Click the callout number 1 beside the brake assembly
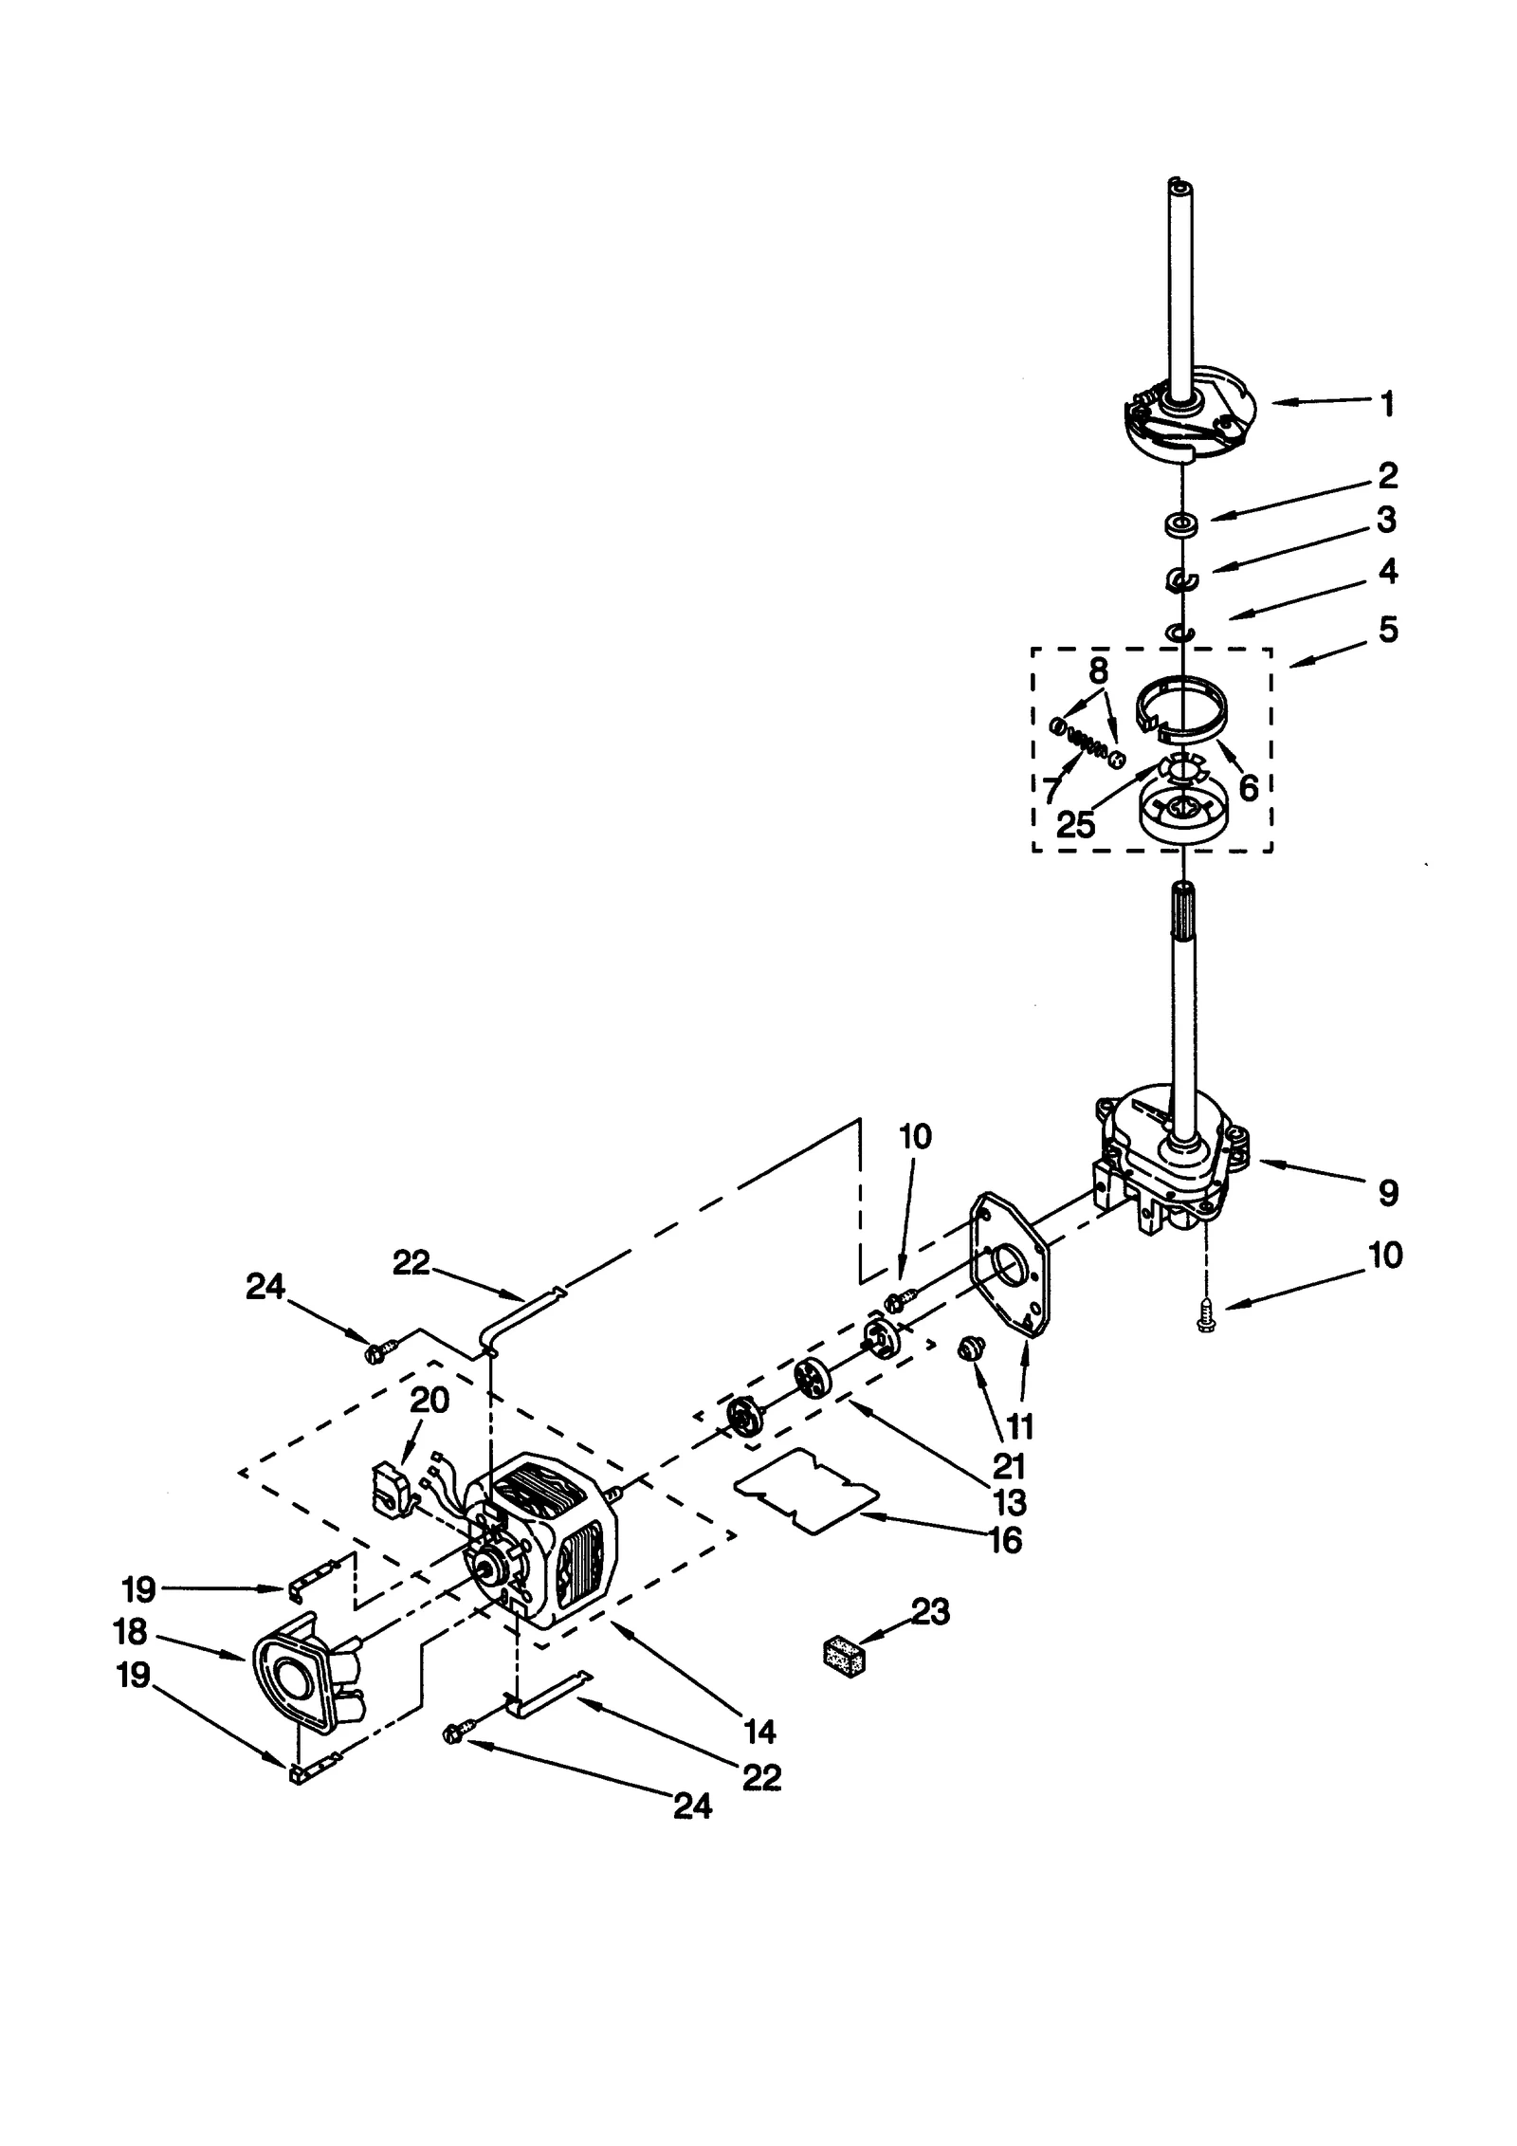click(1387, 405)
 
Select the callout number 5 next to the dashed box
click(1387, 630)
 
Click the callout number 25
click(1075, 823)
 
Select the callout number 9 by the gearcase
click(1387, 1192)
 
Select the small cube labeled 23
click(843, 1655)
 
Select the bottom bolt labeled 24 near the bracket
click(451, 1734)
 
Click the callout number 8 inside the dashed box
click(1098, 671)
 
